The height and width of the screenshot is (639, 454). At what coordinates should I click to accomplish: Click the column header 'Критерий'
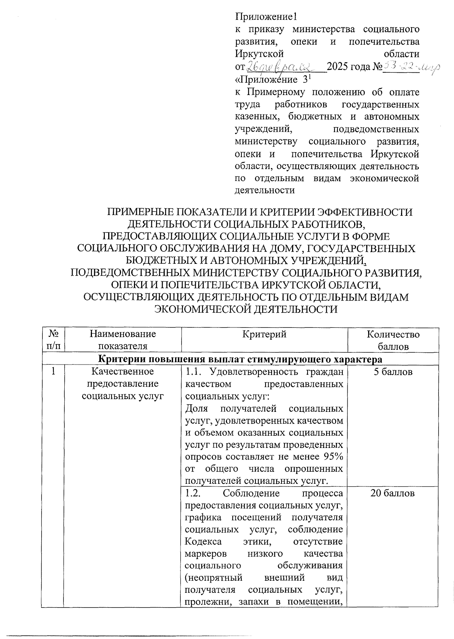click(264, 334)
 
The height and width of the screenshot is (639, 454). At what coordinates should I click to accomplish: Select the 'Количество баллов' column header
click(393, 340)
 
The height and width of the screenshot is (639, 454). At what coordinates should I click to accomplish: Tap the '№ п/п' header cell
click(53, 340)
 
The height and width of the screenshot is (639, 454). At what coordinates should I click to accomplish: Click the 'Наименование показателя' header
click(123, 340)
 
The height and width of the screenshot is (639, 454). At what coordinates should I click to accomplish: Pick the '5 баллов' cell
click(393, 372)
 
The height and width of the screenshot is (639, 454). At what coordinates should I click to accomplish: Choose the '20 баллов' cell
click(393, 493)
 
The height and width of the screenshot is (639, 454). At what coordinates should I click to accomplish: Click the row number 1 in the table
click(53, 372)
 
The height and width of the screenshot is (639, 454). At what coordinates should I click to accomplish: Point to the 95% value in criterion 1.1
click(334, 457)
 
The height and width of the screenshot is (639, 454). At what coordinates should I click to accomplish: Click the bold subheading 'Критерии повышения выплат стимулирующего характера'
click(241, 358)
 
